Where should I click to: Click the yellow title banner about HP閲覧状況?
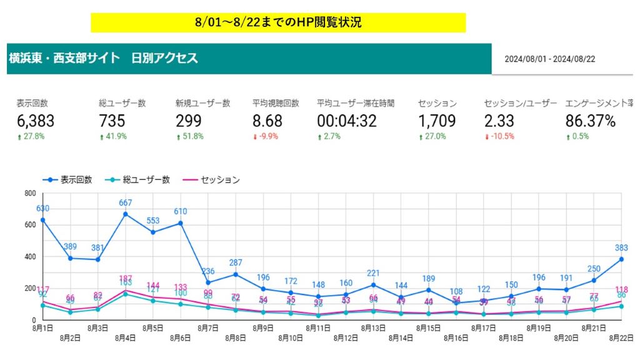278,22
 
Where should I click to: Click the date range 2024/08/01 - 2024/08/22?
551,59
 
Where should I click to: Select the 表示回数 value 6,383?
35,121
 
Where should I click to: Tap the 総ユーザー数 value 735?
112,121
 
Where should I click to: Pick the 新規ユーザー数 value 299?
189,121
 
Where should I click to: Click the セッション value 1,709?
437,121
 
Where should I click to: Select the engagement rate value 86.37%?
591,121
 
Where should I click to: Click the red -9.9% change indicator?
263,137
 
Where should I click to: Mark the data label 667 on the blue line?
126,202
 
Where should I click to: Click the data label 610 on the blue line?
181,211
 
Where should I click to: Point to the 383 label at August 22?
621,247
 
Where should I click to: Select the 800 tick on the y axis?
29,193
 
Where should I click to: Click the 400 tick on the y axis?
29,256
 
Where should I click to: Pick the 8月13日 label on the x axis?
372,327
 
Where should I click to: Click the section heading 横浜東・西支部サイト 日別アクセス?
104,59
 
